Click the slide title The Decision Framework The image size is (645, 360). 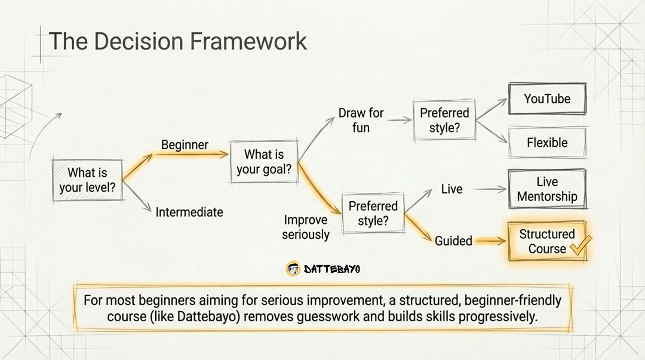(177, 41)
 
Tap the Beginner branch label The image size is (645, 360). (185, 145)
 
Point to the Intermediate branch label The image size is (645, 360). (189, 212)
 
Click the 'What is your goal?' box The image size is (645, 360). (264, 162)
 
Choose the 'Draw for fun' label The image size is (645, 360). (361, 120)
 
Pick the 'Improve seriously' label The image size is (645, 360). (306, 227)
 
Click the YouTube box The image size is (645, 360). (547, 99)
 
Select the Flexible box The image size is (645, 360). (547, 143)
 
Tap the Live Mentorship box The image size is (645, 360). (547, 189)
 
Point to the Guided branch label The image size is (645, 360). (453, 241)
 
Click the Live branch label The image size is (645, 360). (451, 189)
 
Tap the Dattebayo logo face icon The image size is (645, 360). (293, 269)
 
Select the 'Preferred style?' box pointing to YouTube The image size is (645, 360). (444, 120)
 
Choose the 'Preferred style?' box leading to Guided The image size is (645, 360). (373, 213)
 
